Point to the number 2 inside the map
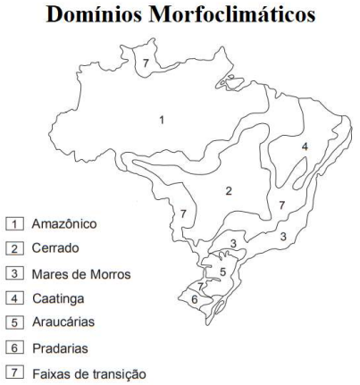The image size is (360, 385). [x=229, y=190]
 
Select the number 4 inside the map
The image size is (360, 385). [x=305, y=146]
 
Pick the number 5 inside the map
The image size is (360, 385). [x=225, y=271]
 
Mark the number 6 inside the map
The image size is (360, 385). [x=195, y=300]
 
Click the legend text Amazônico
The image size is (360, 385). [x=61, y=223]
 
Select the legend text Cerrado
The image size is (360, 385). [x=52, y=248]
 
